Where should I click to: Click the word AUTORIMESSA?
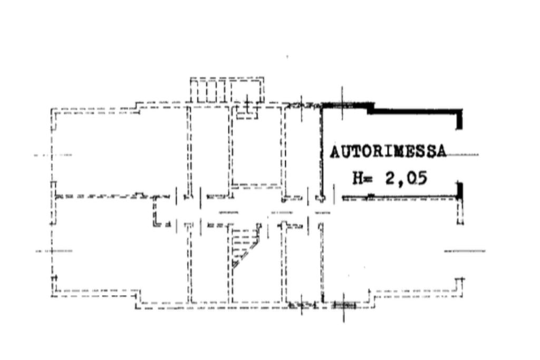(x=388, y=151)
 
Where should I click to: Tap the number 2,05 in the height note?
(x=407, y=178)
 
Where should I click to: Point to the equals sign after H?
(x=368, y=179)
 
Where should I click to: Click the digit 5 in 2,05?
(x=421, y=178)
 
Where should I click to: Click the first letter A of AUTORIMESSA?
(x=335, y=152)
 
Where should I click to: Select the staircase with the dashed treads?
(x=245, y=245)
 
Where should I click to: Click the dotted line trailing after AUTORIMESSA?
(x=462, y=155)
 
